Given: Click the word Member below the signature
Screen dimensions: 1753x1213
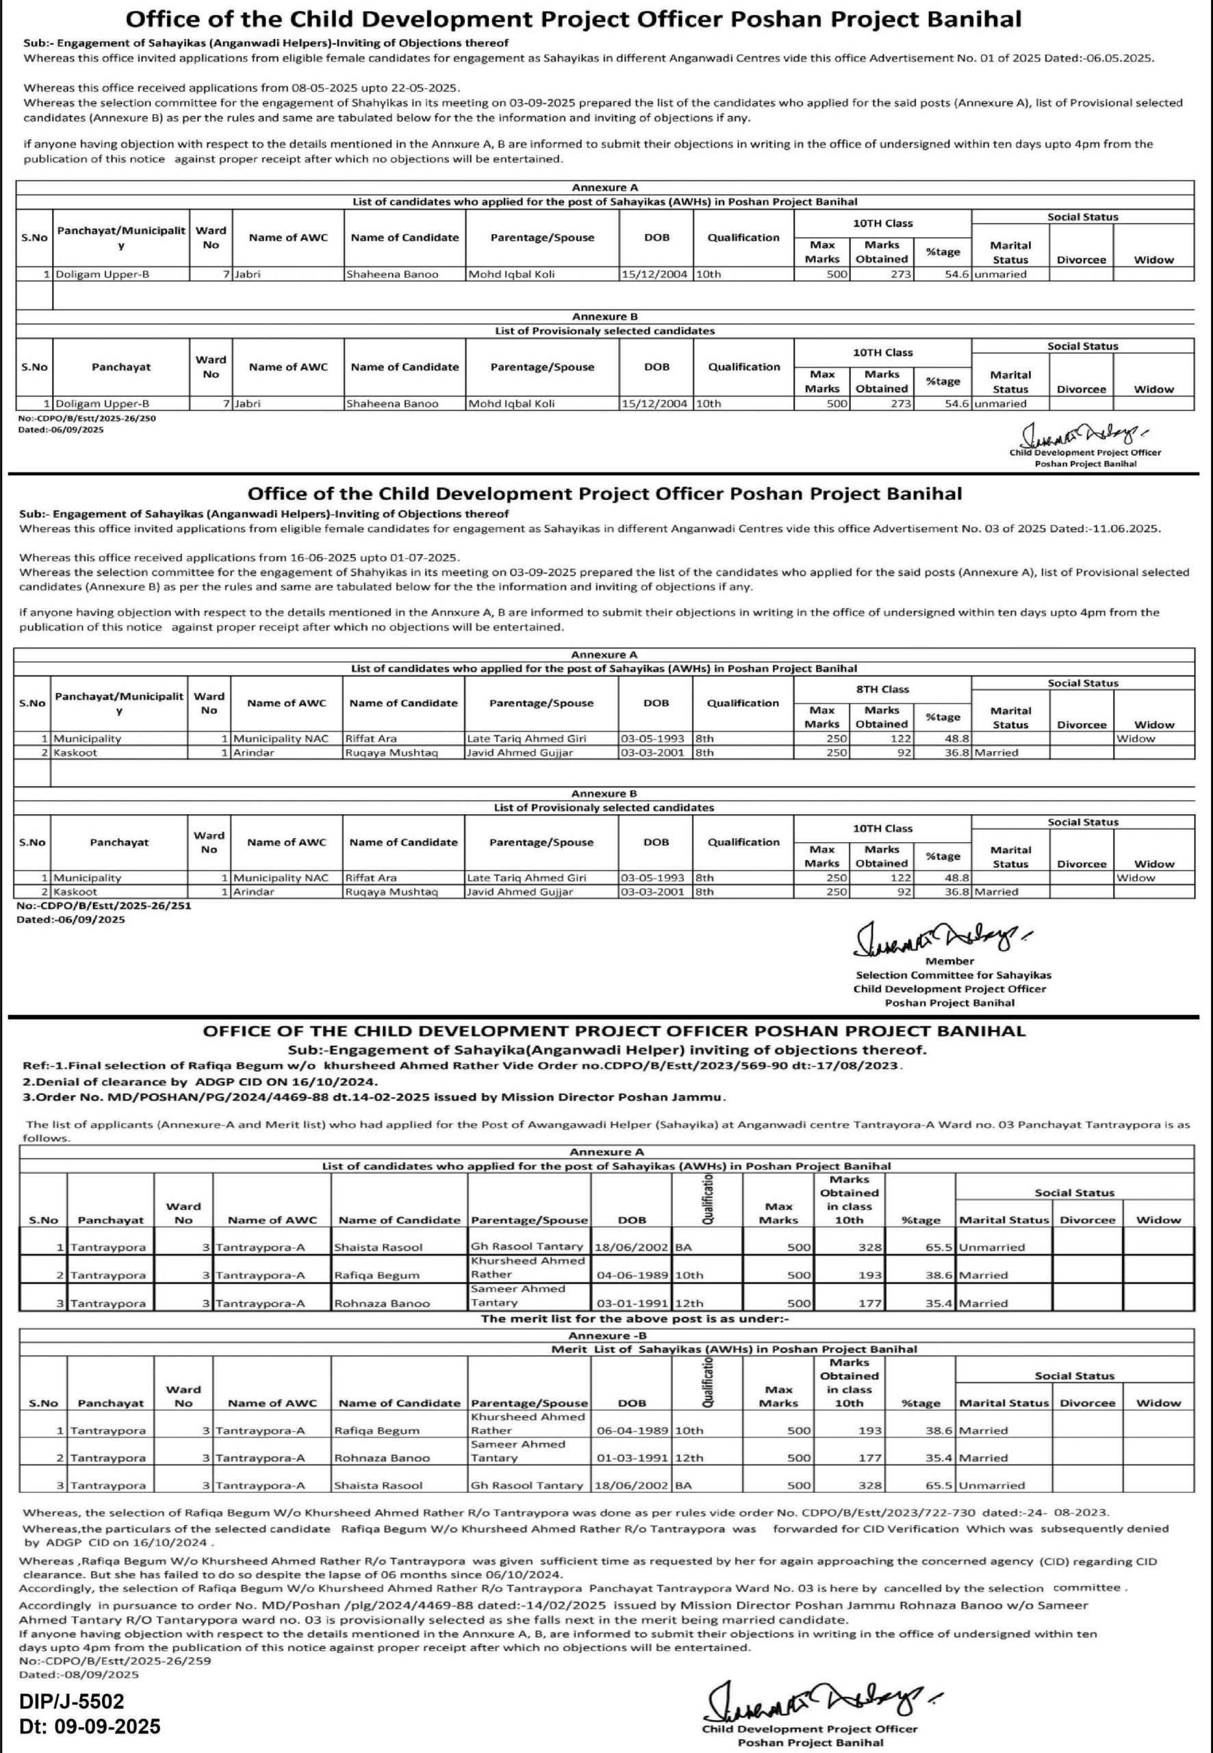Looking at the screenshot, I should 949,961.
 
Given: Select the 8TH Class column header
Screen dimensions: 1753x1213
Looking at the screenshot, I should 882,689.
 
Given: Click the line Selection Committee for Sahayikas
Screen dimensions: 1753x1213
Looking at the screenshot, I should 953,974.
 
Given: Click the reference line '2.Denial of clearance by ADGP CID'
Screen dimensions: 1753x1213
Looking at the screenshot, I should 199,1081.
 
